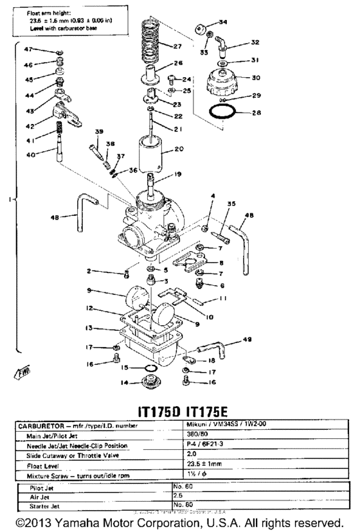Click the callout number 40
click(31, 154)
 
